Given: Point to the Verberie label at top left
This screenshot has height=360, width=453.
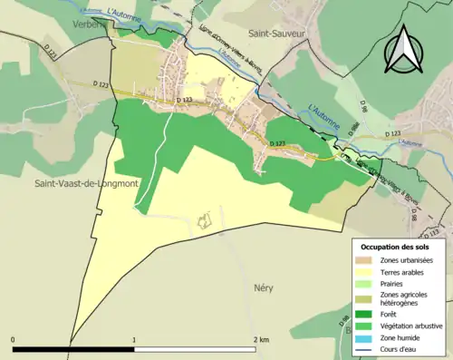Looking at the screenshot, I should tap(90, 26).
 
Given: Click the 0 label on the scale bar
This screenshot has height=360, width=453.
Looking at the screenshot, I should tap(13, 340).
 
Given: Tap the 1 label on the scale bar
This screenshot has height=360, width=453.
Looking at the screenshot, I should tap(135, 340).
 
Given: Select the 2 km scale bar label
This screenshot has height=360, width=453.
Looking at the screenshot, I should tap(261, 340).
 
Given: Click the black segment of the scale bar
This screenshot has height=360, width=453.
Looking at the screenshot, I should tap(73, 349).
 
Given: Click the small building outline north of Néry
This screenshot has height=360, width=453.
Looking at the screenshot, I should tap(206, 219).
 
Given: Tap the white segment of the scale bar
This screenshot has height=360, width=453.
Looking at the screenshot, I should tap(196, 349).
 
